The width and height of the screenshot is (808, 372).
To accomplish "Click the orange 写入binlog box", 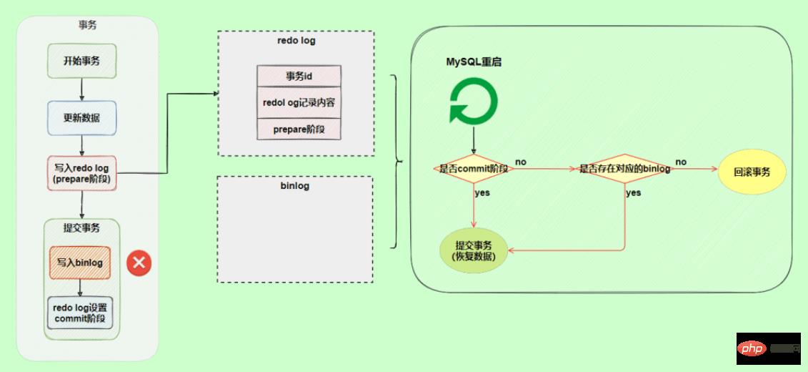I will pos(80,263).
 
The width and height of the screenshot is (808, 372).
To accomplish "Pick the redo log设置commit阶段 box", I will pos(80,313).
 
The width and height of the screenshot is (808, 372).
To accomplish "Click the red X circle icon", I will pos(139,263).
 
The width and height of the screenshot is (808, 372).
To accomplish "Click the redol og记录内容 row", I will pos(299,102).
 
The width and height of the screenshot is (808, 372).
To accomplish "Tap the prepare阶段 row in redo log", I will pos(299,129).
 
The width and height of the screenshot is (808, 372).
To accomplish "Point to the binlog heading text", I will pos(295,186).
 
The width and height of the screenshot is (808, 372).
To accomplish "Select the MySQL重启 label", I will pos(474,62).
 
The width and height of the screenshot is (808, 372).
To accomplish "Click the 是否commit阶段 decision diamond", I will pos(473,169).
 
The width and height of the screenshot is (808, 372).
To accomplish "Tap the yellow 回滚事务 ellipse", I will pos(752,172).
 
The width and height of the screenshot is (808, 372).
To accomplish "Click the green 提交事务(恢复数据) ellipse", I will pos(475,250).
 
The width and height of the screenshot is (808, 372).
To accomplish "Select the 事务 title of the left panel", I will pos(87,25).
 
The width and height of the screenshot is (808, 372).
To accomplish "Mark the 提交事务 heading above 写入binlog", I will pos(81,228).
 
